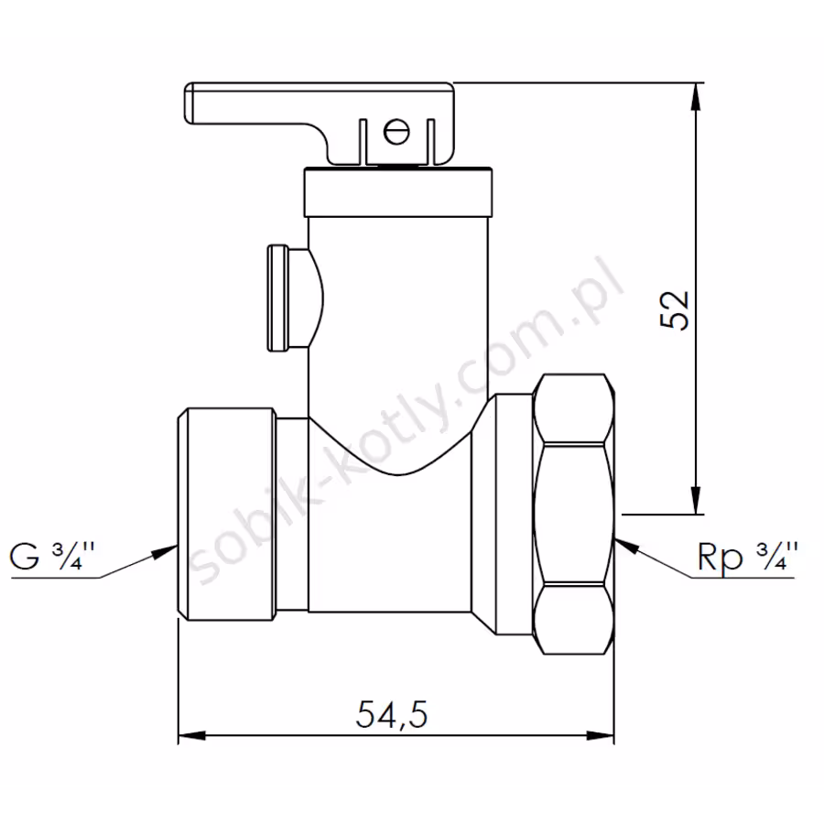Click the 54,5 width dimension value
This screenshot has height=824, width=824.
click(x=392, y=713)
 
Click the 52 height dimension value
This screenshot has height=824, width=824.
click(x=674, y=310)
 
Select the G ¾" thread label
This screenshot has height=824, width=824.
click(x=51, y=556)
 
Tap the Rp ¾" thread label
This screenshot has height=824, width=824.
click(x=747, y=556)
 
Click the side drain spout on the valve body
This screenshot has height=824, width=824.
click(x=295, y=298)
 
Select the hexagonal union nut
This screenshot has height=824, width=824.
click(x=573, y=514)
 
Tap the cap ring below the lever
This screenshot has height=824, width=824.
click(x=398, y=192)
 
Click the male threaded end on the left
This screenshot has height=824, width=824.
click(x=226, y=514)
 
